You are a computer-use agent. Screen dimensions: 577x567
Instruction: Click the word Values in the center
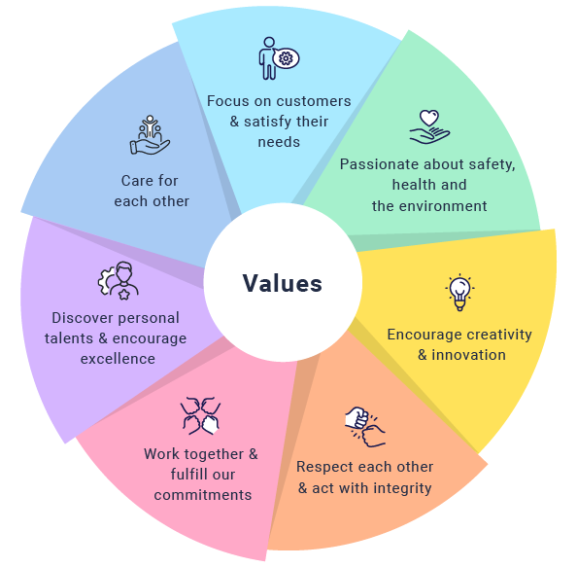[283, 283]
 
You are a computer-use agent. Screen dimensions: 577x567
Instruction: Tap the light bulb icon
[459, 293]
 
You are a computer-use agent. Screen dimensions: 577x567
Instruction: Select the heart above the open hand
[429, 118]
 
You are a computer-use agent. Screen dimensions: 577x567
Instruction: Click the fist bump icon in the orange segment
[365, 426]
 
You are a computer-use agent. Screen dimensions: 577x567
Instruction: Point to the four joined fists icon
[200, 415]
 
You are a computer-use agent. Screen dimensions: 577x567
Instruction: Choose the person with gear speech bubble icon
[279, 58]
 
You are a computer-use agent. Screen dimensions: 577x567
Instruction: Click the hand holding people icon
[150, 135]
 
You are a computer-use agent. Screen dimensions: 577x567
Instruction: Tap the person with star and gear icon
[119, 280]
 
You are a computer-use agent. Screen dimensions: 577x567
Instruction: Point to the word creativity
[497, 335]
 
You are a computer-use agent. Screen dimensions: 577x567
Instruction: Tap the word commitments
[203, 495]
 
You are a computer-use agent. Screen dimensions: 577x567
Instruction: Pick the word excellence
[118, 359]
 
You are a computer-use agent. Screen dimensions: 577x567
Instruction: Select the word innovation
[468, 355]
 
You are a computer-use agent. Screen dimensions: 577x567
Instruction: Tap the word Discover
[78, 318]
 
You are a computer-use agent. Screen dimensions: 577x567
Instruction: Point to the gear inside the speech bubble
[286, 58]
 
